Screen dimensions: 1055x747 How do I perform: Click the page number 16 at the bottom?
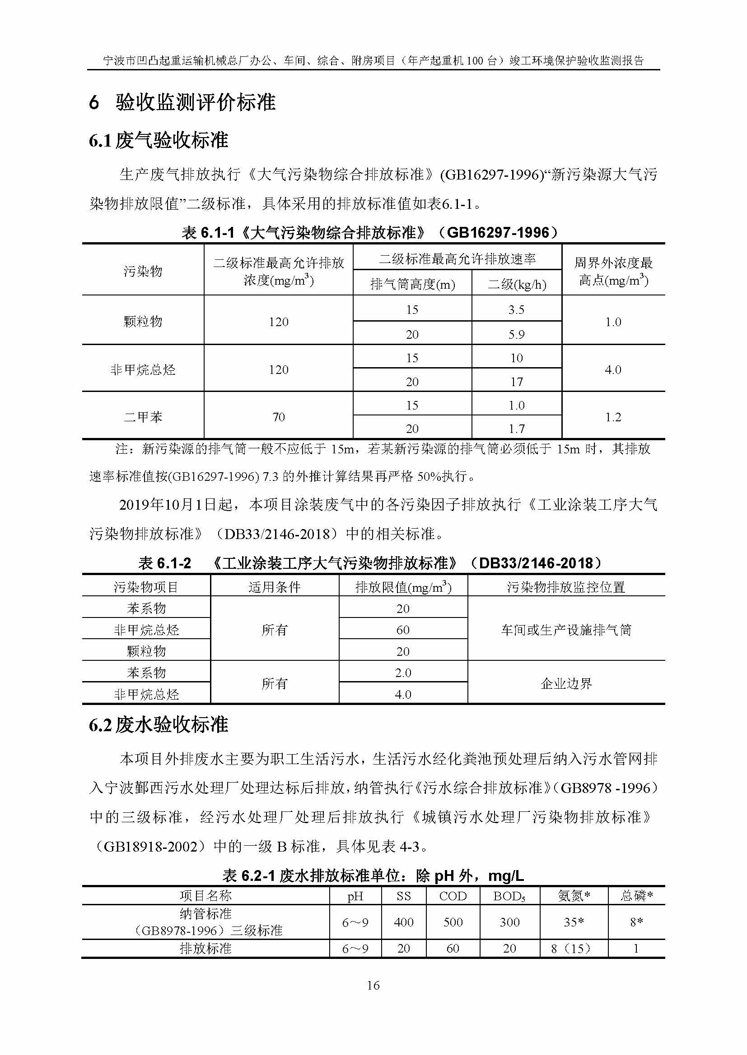[x=373, y=985]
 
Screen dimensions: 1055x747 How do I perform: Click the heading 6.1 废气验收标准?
[x=159, y=140]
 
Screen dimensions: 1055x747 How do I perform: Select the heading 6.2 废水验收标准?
[x=159, y=725]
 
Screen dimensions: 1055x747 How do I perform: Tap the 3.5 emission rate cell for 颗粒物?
[x=516, y=310]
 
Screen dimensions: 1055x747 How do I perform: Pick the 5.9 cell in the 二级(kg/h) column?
[x=516, y=334]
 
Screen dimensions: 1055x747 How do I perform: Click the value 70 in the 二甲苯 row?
[x=278, y=417]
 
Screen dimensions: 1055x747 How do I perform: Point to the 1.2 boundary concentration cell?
[x=613, y=417]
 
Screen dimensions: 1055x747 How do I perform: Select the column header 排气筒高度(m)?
[x=412, y=285]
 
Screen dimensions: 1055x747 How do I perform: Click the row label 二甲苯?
[x=143, y=417]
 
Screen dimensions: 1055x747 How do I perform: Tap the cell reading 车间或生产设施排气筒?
[x=566, y=630]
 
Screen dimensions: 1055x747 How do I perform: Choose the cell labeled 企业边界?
[x=566, y=683]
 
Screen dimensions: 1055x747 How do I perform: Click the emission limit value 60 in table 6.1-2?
[x=403, y=630]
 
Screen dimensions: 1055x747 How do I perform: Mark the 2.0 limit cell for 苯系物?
[x=403, y=673]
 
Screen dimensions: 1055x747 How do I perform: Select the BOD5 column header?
[x=509, y=896]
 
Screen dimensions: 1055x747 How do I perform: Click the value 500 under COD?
[x=453, y=922]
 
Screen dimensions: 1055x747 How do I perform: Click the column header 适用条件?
[x=275, y=587]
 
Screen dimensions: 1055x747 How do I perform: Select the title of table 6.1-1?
[x=370, y=232]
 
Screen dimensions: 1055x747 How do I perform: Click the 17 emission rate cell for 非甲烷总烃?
[x=516, y=382]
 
